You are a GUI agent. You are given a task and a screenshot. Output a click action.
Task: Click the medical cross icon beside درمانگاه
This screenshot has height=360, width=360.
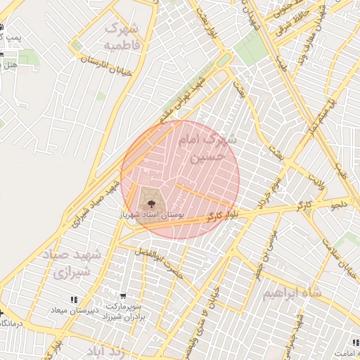(2, 313)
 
